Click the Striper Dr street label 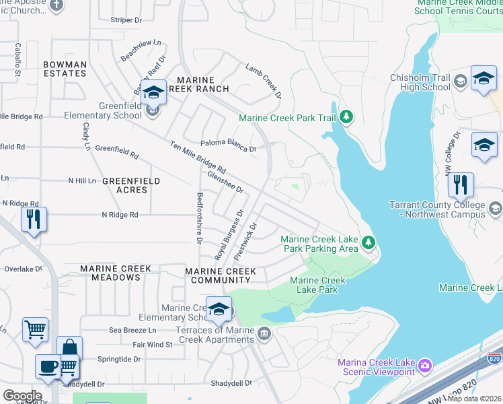click(x=127, y=20)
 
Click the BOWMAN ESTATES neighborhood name click(x=65, y=69)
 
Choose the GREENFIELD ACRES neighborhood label click(x=131, y=185)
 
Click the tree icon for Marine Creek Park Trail click(x=346, y=117)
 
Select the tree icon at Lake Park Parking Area click(x=368, y=242)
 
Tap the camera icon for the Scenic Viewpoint click(x=424, y=366)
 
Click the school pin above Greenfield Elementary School click(x=153, y=92)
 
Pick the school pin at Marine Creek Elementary click(x=219, y=309)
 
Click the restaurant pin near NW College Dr click(x=461, y=184)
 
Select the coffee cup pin click(x=47, y=366)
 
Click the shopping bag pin click(x=69, y=348)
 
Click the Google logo click(x=22, y=396)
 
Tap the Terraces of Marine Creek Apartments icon click(x=264, y=333)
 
